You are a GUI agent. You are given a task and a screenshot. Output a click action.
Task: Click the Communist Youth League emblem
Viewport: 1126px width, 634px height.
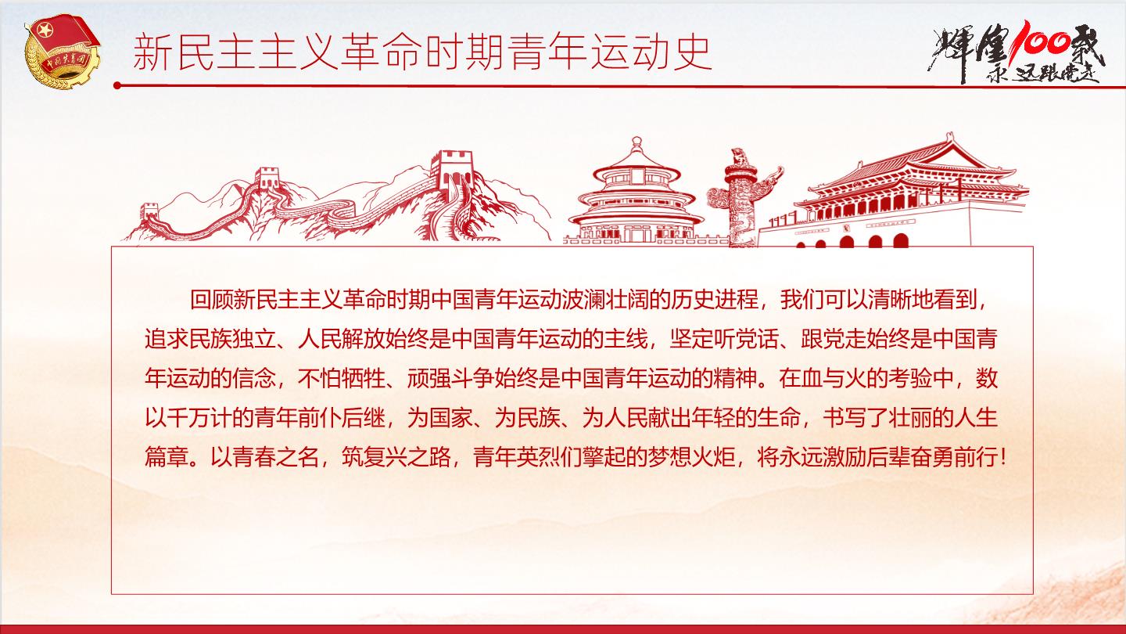61,51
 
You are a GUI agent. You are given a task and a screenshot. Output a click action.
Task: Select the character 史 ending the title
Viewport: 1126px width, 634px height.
692,52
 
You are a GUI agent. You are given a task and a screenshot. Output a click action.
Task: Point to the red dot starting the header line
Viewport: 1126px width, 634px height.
117,85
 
